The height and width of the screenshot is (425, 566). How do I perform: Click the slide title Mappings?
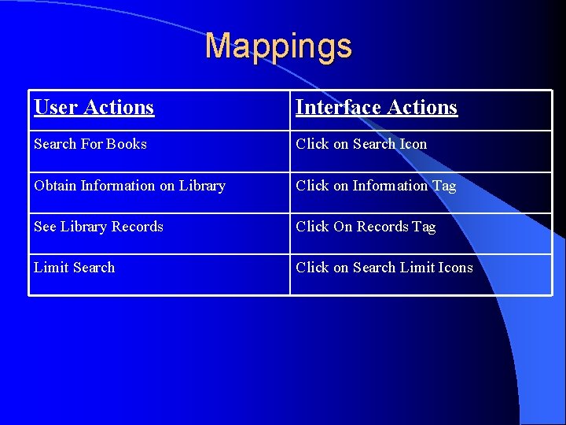(278, 46)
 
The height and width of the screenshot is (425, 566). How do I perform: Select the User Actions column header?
(94, 107)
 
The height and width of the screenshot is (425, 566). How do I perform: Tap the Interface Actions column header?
(376, 107)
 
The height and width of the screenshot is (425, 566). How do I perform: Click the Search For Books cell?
(90, 144)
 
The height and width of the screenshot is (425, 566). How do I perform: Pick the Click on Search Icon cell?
(361, 144)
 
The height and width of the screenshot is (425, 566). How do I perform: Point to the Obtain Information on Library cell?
(130, 186)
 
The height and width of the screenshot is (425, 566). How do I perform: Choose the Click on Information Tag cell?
(375, 186)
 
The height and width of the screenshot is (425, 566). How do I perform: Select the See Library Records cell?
(98, 227)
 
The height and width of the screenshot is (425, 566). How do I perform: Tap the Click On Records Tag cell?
(365, 227)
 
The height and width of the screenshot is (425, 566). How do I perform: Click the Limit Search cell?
(74, 268)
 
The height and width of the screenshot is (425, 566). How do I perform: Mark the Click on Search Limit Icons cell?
(384, 268)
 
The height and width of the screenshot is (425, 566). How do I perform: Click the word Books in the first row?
(127, 144)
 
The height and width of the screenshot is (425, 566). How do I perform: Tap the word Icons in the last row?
(455, 268)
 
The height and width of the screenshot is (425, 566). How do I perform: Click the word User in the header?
(55, 107)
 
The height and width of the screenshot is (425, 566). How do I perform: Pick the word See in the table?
(45, 227)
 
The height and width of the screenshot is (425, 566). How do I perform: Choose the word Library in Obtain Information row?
(202, 186)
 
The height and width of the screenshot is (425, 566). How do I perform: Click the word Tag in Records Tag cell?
(423, 227)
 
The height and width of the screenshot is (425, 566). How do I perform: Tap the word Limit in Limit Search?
(51, 268)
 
